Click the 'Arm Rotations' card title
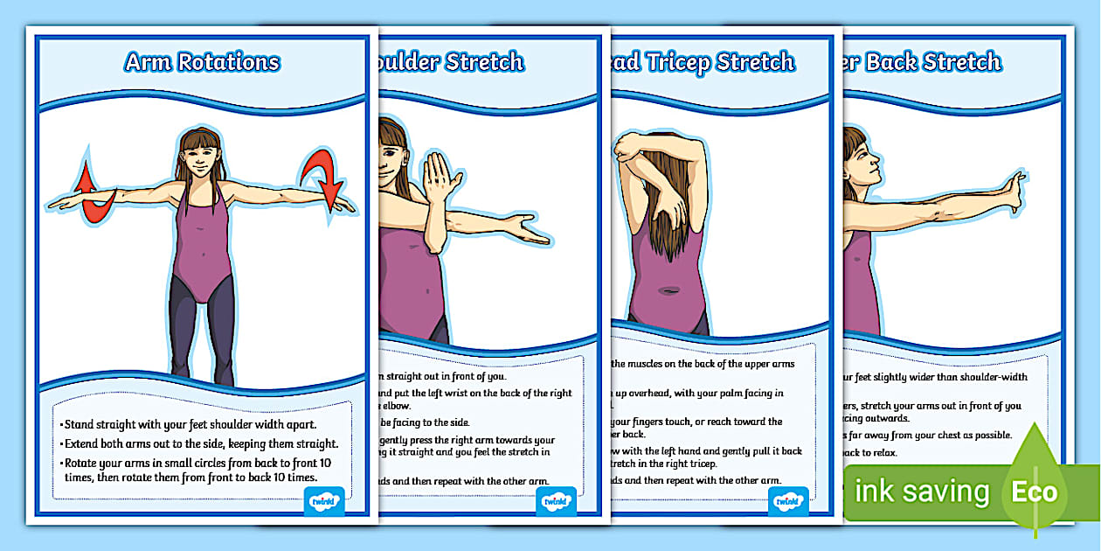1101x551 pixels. (202, 62)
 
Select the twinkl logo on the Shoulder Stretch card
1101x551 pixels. (557, 502)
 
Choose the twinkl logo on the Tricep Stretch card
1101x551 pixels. (788, 502)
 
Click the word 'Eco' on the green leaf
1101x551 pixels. (1035, 492)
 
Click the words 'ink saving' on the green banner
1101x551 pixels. (922, 492)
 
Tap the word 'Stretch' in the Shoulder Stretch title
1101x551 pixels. (484, 62)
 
